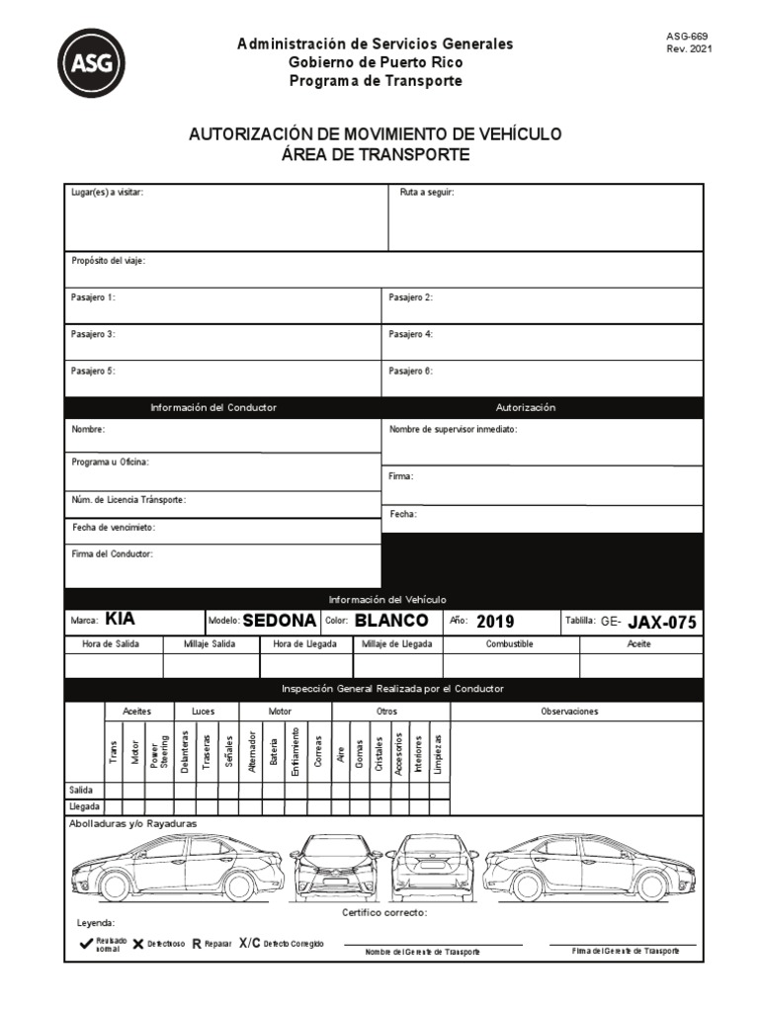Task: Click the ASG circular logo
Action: pos(91,62)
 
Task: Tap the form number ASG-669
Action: pos(687,36)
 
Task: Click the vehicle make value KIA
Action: pos(120,620)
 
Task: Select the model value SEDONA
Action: pos(280,621)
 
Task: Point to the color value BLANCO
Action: pos(391,621)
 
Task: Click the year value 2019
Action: pos(495,622)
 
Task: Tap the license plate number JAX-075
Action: pos(662,622)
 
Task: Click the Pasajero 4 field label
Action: pos(411,334)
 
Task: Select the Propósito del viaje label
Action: pos(109,261)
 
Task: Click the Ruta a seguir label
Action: pos(427,192)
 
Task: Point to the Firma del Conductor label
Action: pos(112,554)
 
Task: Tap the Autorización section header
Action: pos(526,407)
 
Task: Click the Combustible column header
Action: pos(510,643)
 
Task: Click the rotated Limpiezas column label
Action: pos(439,752)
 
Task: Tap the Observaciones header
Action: pos(569,711)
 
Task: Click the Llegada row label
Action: pos(84,806)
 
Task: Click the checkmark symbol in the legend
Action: pos(86,944)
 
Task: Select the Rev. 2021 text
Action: pos(689,48)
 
